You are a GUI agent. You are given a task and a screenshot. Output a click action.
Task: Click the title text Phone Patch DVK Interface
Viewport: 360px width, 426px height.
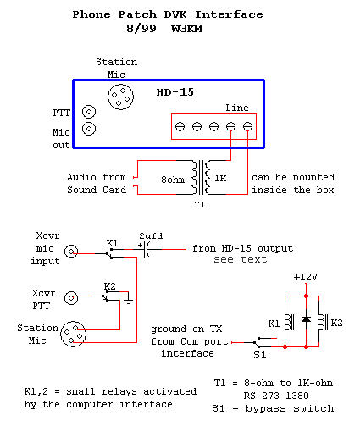click(x=167, y=14)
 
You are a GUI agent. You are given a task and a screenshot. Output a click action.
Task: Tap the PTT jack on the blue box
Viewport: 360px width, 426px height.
click(x=88, y=112)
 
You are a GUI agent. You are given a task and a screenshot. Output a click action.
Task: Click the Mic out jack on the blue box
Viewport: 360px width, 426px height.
click(x=88, y=129)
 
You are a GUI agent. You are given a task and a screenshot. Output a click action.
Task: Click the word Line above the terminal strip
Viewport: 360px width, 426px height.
click(x=237, y=108)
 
